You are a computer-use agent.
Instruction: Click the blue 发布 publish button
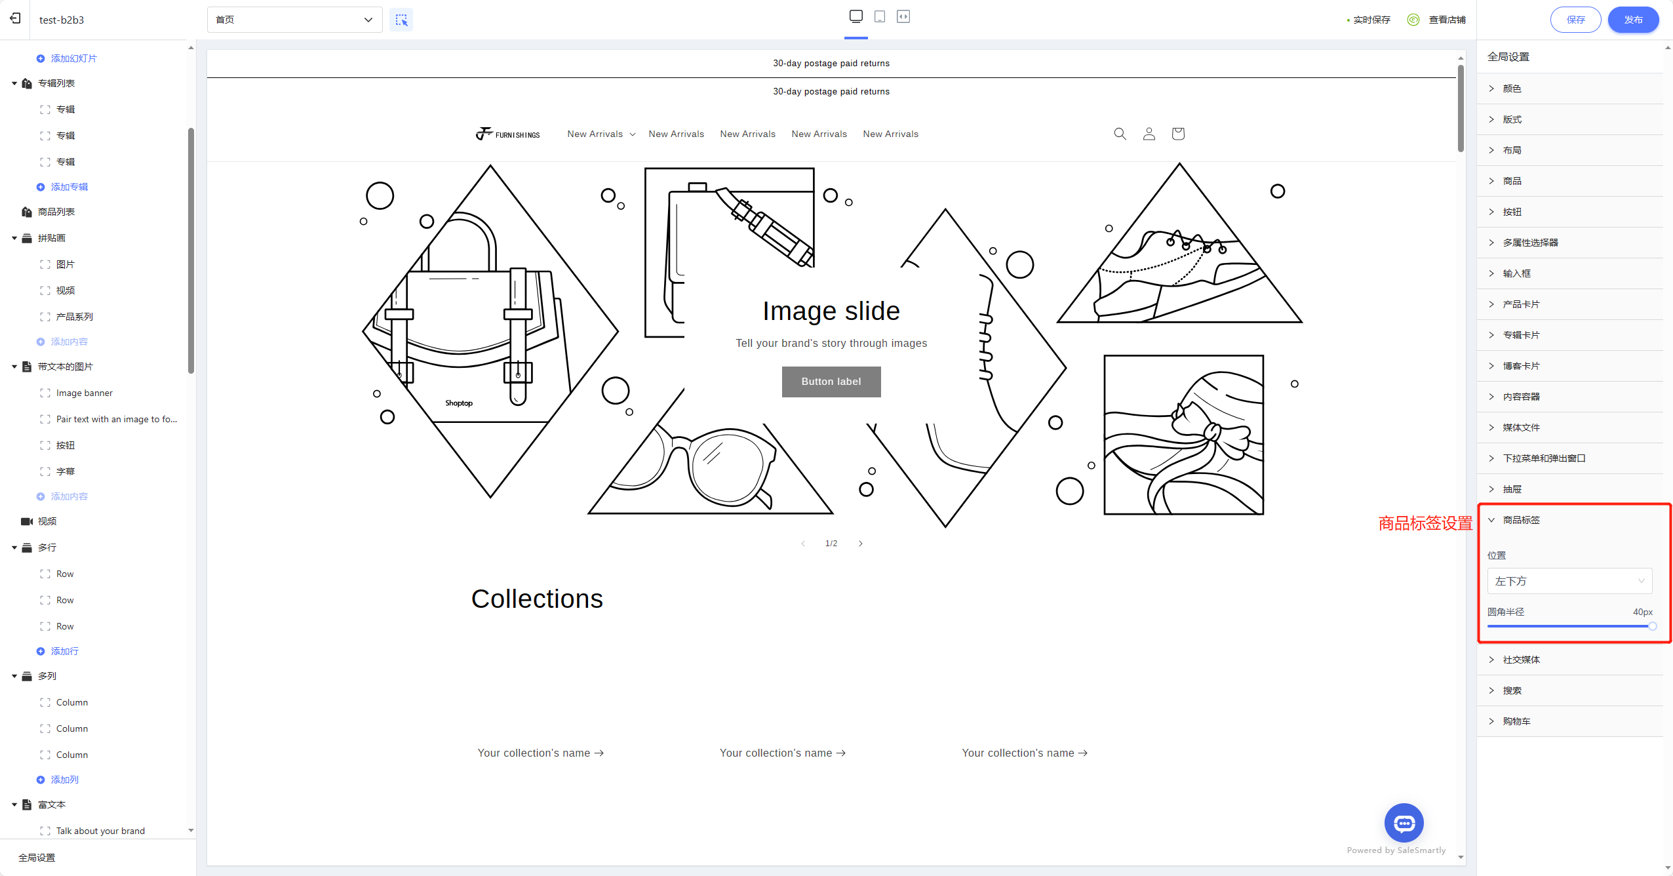(x=1633, y=20)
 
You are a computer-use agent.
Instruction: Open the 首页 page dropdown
(x=294, y=20)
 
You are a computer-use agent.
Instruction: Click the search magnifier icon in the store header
(x=1120, y=134)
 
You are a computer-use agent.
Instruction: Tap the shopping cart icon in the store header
(x=1178, y=134)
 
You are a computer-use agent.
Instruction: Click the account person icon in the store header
(x=1149, y=134)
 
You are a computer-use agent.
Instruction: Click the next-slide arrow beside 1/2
(x=861, y=544)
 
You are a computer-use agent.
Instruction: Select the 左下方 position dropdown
(x=1569, y=581)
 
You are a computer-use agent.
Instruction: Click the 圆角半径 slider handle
(x=1652, y=626)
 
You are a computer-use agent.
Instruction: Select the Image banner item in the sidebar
(x=84, y=393)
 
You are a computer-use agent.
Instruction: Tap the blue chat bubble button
(x=1404, y=823)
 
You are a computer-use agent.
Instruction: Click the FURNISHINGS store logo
(x=508, y=134)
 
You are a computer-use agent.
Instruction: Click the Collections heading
(x=537, y=599)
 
